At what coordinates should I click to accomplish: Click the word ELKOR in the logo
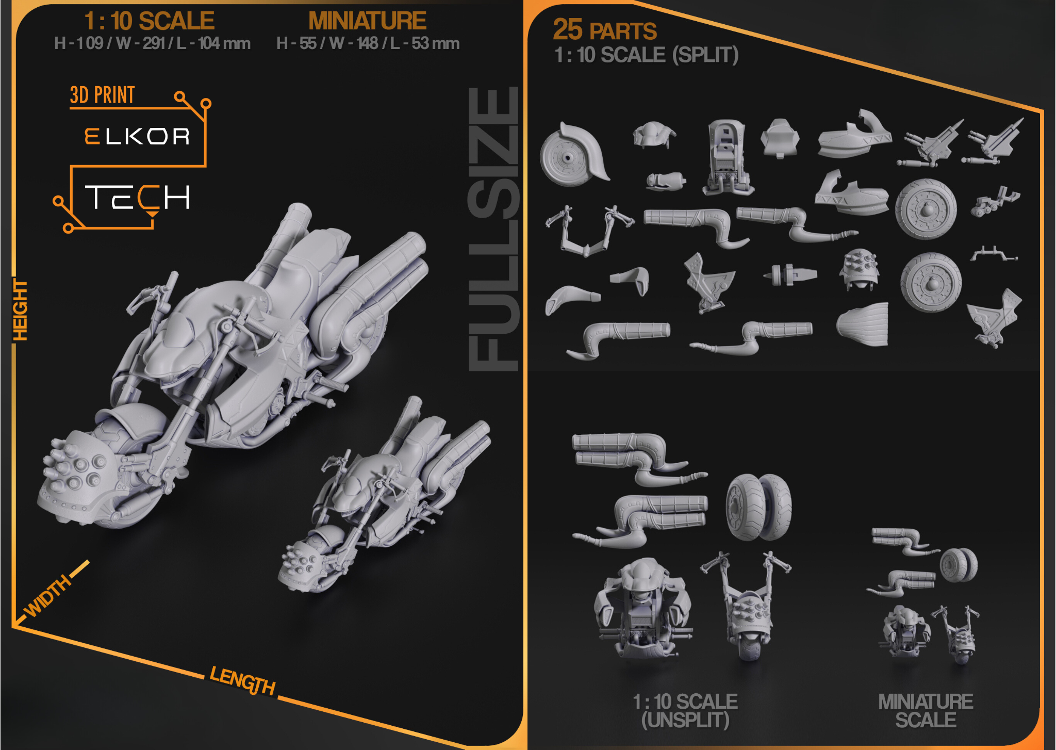(137, 136)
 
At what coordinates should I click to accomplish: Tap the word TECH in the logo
(138, 198)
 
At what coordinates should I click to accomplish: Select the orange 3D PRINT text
(102, 95)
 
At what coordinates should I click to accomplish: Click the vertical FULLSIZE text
(493, 229)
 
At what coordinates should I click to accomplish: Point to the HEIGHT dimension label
(20, 310)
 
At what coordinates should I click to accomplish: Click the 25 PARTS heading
(605, 30)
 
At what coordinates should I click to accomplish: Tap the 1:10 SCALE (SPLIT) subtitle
(647, 55)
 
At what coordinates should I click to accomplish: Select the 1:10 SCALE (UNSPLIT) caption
(685, 711)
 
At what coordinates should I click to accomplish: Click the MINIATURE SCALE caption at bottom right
(926, 711)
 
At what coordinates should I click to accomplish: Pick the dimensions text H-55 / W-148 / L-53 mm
(368, 43)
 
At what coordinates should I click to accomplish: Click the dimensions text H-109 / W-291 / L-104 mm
(152, 43)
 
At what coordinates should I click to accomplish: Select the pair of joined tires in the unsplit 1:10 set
(758, 507)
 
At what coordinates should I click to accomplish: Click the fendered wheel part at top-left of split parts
(573, 154)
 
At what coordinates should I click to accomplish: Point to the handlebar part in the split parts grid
(589, 230)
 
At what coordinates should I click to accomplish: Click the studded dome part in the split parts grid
(859, 269)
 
